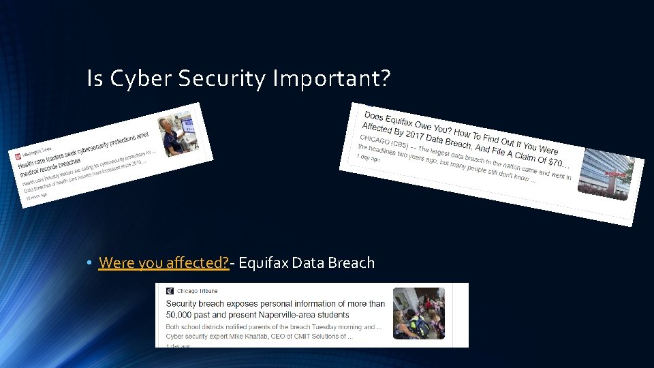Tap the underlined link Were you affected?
coord(163,262)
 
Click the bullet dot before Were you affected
coord(89,263)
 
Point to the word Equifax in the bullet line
coord(263,262)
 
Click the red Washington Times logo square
coord(18,156)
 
